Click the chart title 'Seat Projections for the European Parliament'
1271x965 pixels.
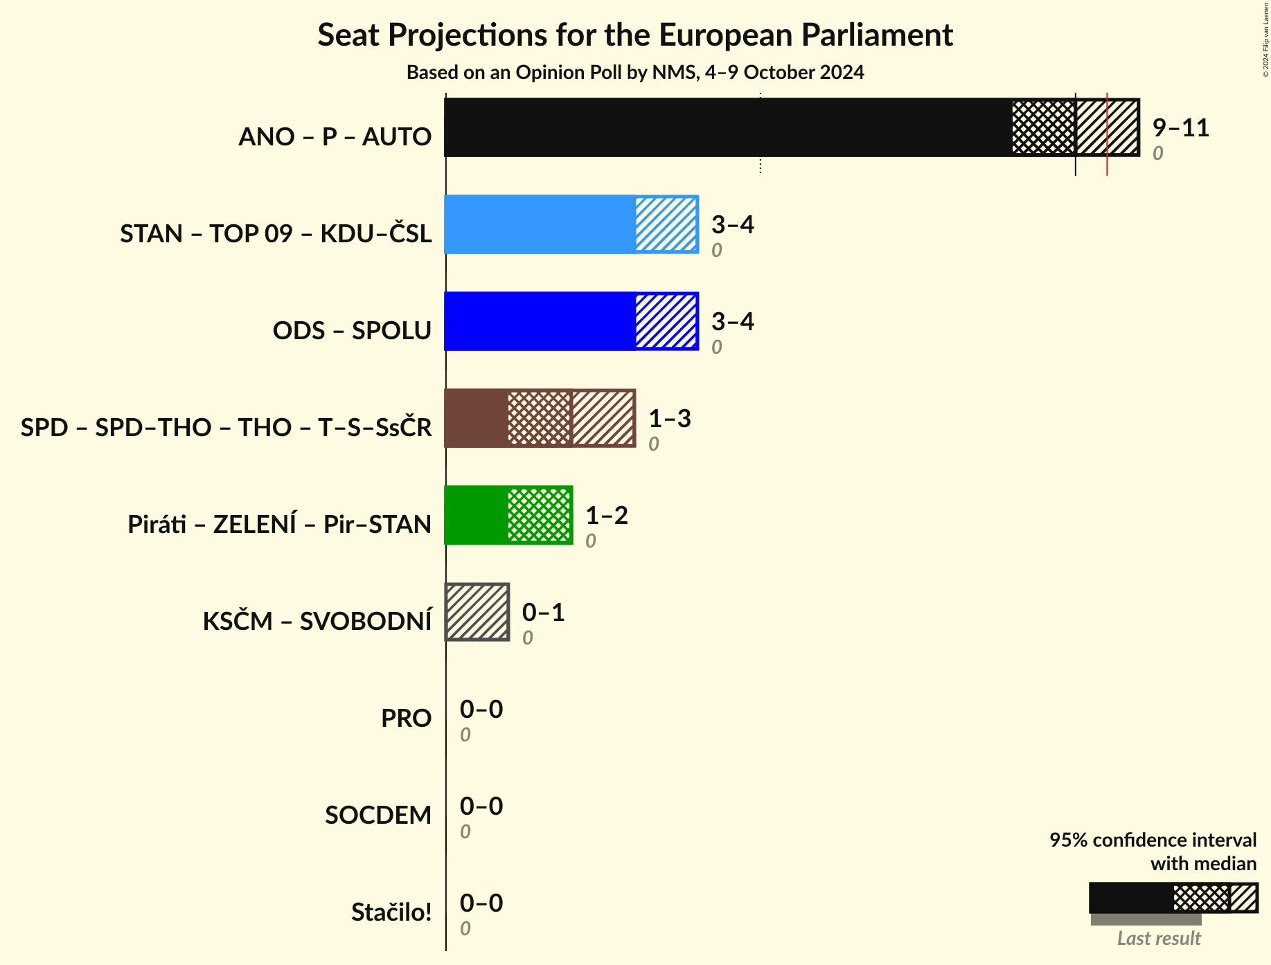tap(635, 35)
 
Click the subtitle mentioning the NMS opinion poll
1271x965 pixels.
tap(635, 73)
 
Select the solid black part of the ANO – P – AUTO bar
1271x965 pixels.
tap(727, 127)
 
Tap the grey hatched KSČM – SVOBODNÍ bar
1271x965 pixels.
tap(477, 612)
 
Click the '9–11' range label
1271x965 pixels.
tap(1180, 128)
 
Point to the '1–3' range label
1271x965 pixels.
tap(669, 419)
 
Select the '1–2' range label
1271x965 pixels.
tap(606, 516)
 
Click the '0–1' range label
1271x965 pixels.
tap(543, 613)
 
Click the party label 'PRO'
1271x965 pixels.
tap(406, 718)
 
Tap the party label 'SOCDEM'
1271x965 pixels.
tap(378, 815)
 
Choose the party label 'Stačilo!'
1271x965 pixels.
tap(391, 912)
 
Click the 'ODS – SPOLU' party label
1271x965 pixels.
tap(352, 330)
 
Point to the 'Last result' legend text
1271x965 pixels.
tap(1159, 938)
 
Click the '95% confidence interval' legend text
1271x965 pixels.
tap(1153, 840)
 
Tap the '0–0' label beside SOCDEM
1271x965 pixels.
tap(481, 806)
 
